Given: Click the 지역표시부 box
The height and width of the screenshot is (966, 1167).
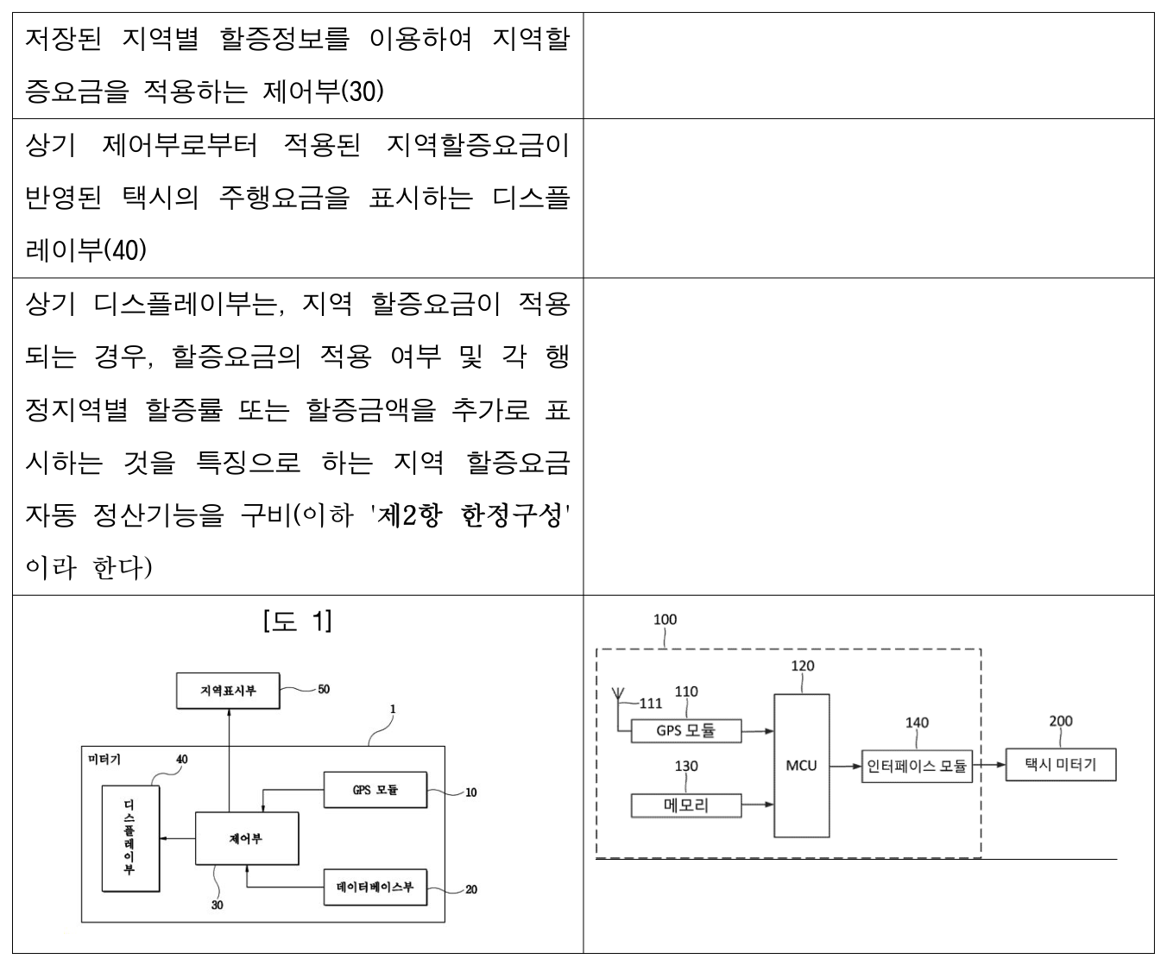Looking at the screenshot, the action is click(228, 691).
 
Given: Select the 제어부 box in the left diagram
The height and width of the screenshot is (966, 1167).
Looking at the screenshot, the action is click(247, 838).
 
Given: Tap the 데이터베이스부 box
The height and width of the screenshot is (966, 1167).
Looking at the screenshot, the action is click(375, 887).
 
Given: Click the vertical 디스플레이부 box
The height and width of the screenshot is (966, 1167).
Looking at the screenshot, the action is click(131, 838).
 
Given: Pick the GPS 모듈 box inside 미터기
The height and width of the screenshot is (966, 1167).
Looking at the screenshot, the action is click(375, 789).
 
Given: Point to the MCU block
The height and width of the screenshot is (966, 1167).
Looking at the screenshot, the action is click(802, 766).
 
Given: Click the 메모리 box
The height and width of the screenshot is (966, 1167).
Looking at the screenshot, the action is click(686, 805).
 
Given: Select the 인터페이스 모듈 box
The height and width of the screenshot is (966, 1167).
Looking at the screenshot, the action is click(917, 766).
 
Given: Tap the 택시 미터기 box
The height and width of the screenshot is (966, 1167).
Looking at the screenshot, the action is click(1061, 764).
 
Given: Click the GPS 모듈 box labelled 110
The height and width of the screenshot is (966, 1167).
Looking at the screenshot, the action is click(686, 730).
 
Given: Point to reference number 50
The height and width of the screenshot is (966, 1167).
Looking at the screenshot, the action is click(325, 689).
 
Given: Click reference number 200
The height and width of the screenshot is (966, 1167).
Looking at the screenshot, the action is click(1061, 721).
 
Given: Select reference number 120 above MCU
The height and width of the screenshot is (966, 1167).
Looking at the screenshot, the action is click(803, 666).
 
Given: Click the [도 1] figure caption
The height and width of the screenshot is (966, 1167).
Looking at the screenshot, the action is click(298, 621).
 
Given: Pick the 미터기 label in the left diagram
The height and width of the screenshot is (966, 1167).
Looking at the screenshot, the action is click(104, 759).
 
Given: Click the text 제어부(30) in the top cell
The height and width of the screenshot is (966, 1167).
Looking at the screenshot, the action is click(323, 92).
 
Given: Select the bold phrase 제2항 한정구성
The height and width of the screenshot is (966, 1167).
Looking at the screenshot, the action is click(470, 515).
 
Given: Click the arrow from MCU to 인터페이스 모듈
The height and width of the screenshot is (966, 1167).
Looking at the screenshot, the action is click(846, 766).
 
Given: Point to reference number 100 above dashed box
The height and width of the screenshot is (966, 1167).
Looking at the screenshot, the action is click(666, 620).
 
